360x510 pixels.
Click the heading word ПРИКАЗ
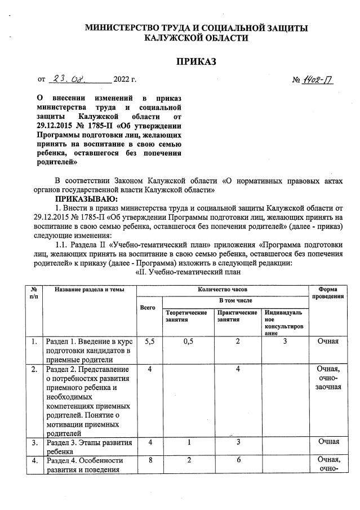(x=197, y=61)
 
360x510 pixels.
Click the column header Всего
(x=147, y=307)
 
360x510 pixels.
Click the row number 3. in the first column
(x=34, y=441)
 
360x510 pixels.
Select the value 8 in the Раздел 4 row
(x=150, y=460)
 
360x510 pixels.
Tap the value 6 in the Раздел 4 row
(x=238, y=460)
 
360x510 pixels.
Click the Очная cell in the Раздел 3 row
(x=328, y=441)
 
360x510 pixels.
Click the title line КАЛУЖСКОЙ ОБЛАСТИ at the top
(x=196, y=37)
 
